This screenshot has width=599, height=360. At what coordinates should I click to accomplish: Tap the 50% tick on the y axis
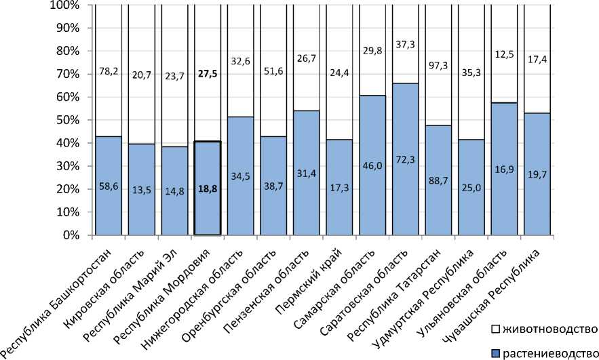67,120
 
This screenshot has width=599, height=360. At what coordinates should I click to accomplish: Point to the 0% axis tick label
71,235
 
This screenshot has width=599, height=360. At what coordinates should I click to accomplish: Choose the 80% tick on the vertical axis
67,51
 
